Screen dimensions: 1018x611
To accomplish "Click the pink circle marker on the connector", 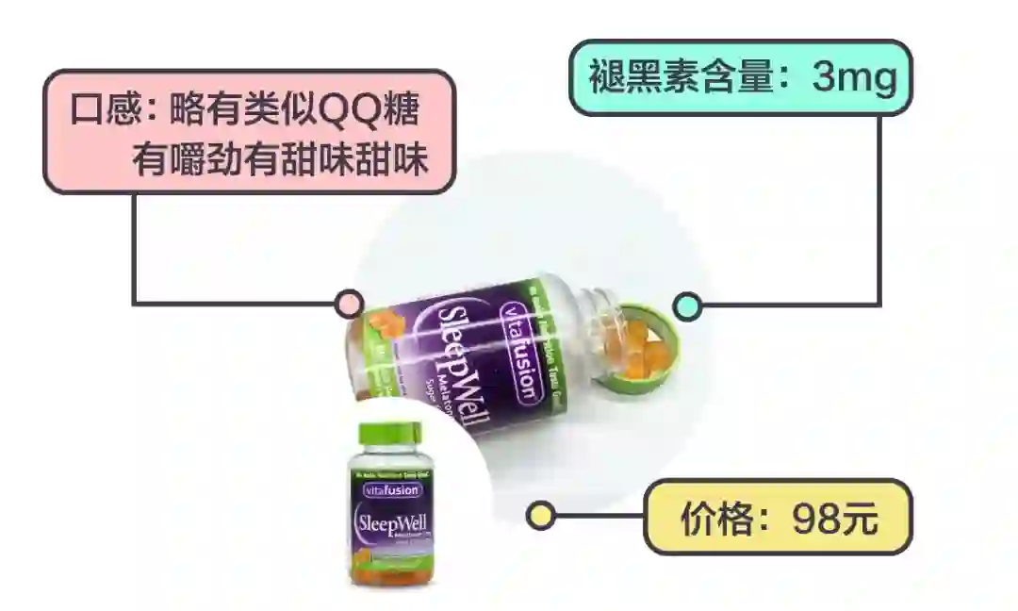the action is click(x=349, y=304).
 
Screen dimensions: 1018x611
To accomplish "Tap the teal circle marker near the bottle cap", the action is click(x=687, y=305).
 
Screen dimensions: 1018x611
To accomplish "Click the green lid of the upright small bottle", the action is click(x=391, y=437).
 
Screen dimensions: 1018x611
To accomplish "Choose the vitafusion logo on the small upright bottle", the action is click(x=389, y=489).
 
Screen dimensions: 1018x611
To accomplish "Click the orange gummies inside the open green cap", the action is click(x=644, y=343).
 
